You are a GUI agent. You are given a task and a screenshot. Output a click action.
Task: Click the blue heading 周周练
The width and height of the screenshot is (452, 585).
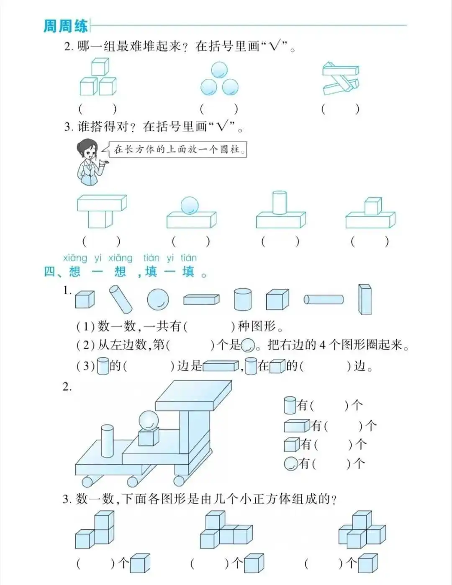point(65,26)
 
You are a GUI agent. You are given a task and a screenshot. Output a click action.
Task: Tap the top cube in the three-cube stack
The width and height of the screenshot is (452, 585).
point(100,67)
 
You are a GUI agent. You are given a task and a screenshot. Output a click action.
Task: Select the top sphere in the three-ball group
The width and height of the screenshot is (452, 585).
point(219,70)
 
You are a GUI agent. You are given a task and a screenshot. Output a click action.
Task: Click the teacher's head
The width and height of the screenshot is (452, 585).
point(87,150)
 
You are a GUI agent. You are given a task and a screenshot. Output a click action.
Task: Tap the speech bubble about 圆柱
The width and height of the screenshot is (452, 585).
point(177,149)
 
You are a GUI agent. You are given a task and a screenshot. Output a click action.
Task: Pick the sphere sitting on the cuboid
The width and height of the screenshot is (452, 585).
point(190,205)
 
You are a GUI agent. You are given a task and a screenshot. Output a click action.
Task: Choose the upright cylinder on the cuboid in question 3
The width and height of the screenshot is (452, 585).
point(280,202)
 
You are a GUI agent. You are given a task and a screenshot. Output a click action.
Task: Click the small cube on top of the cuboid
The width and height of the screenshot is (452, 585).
point(373,206)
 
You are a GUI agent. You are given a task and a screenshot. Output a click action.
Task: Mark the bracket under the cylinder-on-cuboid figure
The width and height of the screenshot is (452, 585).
point(280,241)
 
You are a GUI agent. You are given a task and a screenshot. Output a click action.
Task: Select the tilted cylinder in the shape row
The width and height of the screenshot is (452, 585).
point(121,299)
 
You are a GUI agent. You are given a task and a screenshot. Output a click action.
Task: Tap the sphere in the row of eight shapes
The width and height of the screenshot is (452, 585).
point(158,299)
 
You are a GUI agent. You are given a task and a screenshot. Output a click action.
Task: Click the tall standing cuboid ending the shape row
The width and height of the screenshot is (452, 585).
point(365,299)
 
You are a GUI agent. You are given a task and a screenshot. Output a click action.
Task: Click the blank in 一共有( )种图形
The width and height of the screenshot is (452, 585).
point(209,326)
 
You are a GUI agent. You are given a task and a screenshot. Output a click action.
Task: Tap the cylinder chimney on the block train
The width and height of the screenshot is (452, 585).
point(107,441)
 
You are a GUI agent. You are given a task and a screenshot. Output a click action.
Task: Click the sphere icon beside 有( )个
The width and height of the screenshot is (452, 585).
point(291,464)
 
